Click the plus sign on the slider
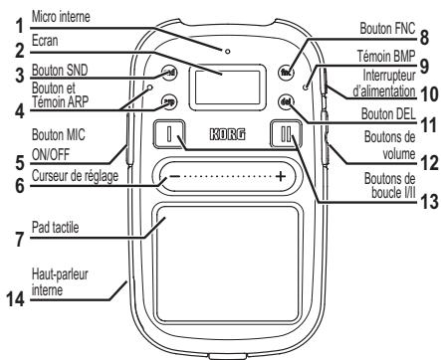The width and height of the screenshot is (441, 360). [x=281, y=177]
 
